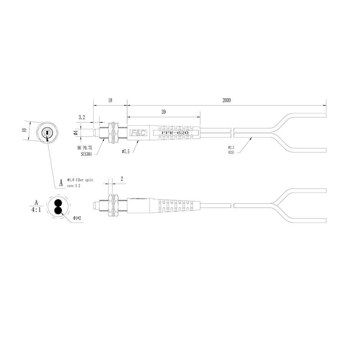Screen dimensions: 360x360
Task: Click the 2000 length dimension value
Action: point(226,100)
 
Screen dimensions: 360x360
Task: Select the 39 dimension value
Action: point(163,112)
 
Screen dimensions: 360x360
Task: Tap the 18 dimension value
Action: point(110,100)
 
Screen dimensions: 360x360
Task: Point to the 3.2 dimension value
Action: point(82,117)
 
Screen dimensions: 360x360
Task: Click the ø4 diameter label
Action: point(76,133)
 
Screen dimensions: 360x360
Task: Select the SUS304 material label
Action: point(86,154)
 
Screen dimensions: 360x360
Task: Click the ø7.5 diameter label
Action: point(126,152)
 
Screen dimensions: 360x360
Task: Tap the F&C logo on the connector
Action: point(138,133)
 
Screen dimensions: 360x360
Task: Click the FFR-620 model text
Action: point(175,133)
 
